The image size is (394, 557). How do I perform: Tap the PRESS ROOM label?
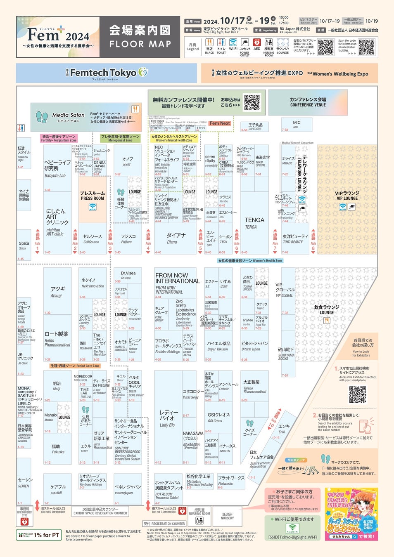pos(93,196)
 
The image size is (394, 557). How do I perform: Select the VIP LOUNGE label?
pos(347,196)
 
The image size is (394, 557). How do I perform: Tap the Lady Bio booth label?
pos(169,418)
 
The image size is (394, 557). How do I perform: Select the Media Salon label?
pos(68,116)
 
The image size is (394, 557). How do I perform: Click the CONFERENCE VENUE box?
pos(308,102)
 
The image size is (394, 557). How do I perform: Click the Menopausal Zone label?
pos(120,138)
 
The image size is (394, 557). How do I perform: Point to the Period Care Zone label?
pos(75,366)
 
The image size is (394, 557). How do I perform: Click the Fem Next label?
pos(219,123)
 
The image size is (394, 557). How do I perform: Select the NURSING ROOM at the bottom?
pos(199,512)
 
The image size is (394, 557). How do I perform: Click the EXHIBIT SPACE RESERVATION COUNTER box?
pos(100,511)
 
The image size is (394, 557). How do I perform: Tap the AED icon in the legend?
pos(257,45)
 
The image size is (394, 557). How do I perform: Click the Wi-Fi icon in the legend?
pos(233,45)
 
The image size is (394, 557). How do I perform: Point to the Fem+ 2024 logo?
pos(58,36)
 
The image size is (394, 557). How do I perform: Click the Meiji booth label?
pos(57,386)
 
